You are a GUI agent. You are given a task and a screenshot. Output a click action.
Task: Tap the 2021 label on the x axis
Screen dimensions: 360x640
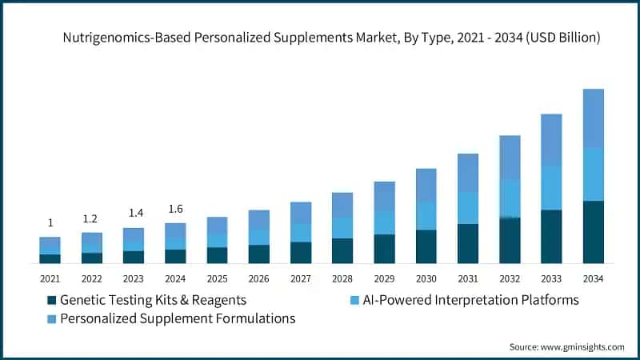pos(50,278)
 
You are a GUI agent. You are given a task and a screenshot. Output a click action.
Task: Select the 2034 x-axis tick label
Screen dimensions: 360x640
pos(592,278)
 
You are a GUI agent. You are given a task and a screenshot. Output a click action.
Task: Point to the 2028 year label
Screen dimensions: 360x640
pos(342,278)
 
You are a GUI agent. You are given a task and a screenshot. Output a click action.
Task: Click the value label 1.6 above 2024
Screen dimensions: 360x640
pos(175,209)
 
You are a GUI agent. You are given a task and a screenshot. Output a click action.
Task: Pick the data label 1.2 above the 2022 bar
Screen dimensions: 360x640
pos(92,218)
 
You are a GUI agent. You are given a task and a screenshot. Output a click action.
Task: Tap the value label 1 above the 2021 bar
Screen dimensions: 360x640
pos(50,223)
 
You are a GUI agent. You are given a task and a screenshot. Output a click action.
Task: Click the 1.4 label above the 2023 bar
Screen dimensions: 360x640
pos(134,214)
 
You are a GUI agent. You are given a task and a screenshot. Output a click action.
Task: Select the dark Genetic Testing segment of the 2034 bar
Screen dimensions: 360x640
pos(593,232)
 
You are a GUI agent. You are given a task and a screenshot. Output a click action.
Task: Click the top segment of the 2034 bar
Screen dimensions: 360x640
pos(593,118)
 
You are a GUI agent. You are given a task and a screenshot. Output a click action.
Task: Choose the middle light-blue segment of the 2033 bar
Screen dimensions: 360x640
pos(551,188)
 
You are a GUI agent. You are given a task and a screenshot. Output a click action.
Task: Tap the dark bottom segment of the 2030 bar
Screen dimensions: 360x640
pos(426,246)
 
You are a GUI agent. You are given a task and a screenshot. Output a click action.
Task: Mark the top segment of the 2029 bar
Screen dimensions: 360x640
pos(384,197)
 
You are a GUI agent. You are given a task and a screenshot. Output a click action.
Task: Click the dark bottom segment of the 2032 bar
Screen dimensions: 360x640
pos(510,240)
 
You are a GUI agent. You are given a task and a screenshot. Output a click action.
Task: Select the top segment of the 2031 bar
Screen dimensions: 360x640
pos(468,173)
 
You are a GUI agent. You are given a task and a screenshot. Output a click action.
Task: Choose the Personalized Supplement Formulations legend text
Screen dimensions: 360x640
pos(178,318)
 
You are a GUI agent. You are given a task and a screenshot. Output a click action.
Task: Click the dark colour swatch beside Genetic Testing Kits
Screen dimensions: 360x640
pos(53,300)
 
